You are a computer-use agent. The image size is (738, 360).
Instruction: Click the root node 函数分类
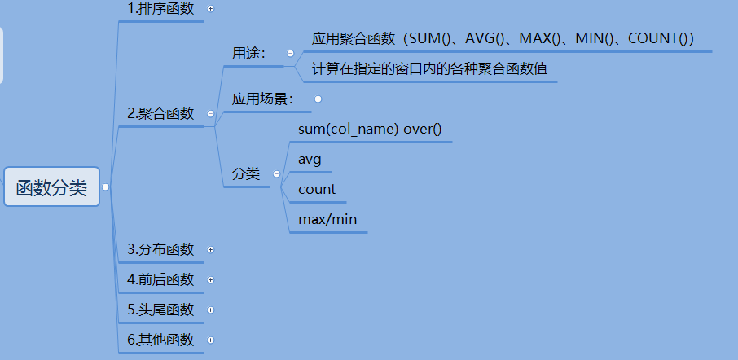[x=51, y=187]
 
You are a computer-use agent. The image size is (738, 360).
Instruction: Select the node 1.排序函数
[x=160, y=9]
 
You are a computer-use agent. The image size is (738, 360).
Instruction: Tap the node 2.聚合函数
[x=160, y=114]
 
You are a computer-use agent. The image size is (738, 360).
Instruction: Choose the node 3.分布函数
[x=160, y=249]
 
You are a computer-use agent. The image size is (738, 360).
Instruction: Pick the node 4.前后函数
[x=160, y=279]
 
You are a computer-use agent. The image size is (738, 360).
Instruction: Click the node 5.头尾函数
[x=160, y=310]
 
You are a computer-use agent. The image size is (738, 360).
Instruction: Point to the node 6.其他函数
[x=160, y=340]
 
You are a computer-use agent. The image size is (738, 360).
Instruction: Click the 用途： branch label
[x=248, y=53]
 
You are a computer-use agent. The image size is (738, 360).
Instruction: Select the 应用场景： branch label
[x=262, y=99]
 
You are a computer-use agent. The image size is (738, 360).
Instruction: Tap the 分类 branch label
[x=245, y=173]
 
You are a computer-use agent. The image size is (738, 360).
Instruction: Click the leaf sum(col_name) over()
[x=369, y=130]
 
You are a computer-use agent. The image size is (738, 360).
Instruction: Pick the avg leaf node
[x=310, y=159]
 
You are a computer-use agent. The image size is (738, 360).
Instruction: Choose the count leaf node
[x=317, y=189]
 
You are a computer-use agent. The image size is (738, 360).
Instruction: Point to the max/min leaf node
[x=327, y=219]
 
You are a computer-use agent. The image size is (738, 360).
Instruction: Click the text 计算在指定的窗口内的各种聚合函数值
[x=429, y=69]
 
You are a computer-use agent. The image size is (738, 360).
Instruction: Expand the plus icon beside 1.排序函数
[x=211, y=9]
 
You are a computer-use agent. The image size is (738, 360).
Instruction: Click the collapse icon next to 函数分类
[x=106, y=187]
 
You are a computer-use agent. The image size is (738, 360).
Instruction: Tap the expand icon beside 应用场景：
[x=318, y=99]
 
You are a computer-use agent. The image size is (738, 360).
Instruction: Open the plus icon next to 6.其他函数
[x=211, y=340]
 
